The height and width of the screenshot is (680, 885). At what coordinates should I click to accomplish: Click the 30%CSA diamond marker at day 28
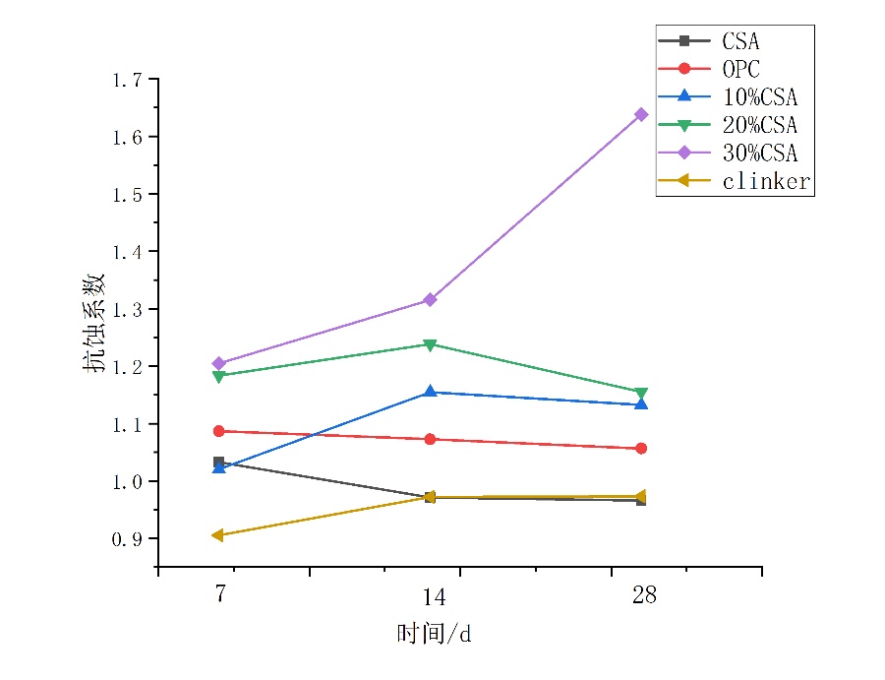tap(641, 114)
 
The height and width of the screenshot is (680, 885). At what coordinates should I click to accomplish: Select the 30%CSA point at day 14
tap(430, 299)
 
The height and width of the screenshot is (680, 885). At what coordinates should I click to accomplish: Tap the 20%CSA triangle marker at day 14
tap(430, 344)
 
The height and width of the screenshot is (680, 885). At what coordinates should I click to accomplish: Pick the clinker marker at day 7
tap(218, 535)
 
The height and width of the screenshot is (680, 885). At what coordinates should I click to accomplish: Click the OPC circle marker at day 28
tap(641, 448)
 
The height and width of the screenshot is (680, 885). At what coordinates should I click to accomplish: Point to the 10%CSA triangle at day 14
tap(430, 392)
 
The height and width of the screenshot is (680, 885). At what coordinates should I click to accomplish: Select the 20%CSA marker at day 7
tap(218, 376)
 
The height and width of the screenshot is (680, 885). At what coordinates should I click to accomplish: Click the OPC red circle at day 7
tap(218, 431)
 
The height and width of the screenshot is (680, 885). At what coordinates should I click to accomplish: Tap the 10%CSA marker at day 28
tap(641, 403)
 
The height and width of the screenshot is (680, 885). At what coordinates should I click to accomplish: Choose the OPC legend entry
tap(740, 69)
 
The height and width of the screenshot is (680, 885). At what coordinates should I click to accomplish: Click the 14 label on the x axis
tap(434, 596)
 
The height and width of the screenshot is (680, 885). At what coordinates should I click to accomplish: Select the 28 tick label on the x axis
tap(644, 595)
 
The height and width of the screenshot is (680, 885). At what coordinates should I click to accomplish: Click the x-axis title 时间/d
tap(434, 633)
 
